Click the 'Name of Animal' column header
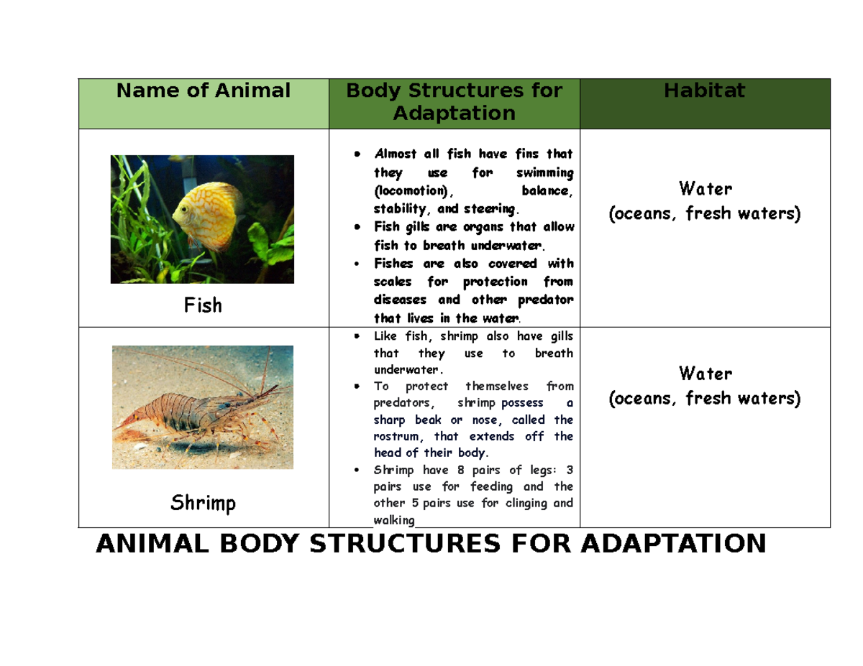(204, 91)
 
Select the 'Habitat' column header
(704, 91)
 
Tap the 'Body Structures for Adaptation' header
(454, 102)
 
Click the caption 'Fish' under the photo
(204, 305)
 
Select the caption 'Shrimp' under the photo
(204, 504)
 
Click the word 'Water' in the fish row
(705, 190)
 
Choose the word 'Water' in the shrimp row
(705, 374)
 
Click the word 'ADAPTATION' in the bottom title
(673, 545)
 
